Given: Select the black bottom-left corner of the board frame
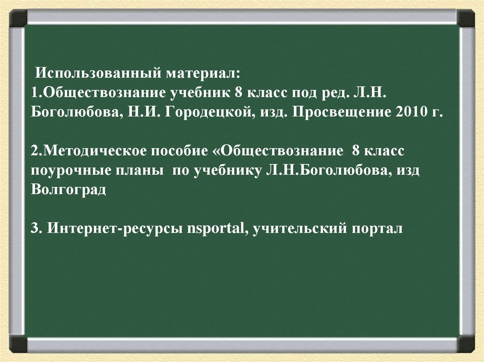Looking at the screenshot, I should [18, 343].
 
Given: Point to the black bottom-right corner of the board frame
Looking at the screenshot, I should [466, 343].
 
